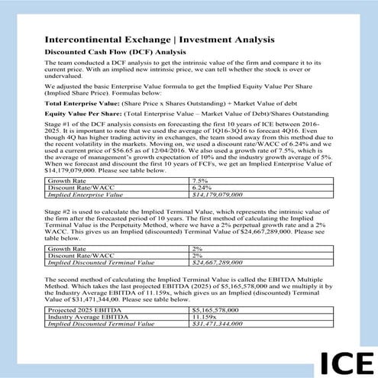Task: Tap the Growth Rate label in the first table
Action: pos(66,179)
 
